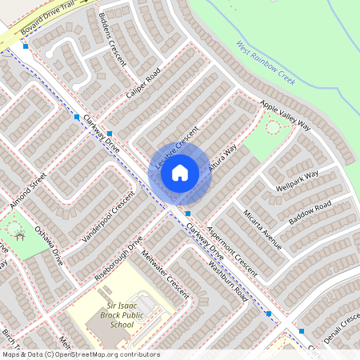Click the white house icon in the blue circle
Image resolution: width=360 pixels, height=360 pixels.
tap(180, 172)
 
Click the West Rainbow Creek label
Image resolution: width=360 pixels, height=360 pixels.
tap(266, 64)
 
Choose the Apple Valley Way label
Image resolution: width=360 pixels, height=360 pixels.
tap(285, 114)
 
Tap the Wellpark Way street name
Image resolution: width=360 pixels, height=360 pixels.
tap(297, 181)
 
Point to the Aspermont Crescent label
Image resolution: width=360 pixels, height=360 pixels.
tap(231, 249)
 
